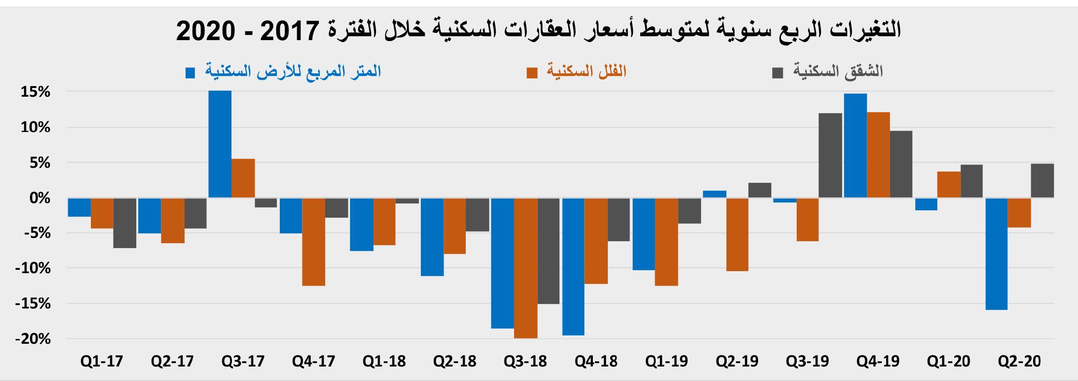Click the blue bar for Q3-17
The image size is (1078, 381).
pyautogui.click(x=220, y=144)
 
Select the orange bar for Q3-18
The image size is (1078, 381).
pyautogui.click(x=526, y=268)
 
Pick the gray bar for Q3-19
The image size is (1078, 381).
pyautogui.click(x=830, y=155)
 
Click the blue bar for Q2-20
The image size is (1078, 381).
pyautogui.click(x=996, y=253)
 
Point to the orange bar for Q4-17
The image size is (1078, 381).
pyautogui.click(x=314, y=242)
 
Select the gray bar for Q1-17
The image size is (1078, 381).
pyautogui.click(x=125, y=223)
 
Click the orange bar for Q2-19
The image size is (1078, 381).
pyautogui.click(x=737, y=234)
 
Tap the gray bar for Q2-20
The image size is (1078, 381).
pyautogui.click(x=1043, y=180)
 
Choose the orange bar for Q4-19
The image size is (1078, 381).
pyautogui.click(x=878, y=155)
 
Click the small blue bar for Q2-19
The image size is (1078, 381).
pyautogui.click(x=715, y=194)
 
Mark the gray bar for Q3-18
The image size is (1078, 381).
pyautogui.click(x=549, y=251)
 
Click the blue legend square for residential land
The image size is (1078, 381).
pyautogui.click(x=190, y=73)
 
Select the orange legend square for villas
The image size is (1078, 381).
pyautogui.click(x=532, y=73)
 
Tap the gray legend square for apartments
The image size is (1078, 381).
pyautogui.click(x=777, y=73)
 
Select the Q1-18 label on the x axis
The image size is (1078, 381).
pyautogui.click(x=384, y=362)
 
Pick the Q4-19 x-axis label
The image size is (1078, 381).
pyautogui.click(x=878, y=362)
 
